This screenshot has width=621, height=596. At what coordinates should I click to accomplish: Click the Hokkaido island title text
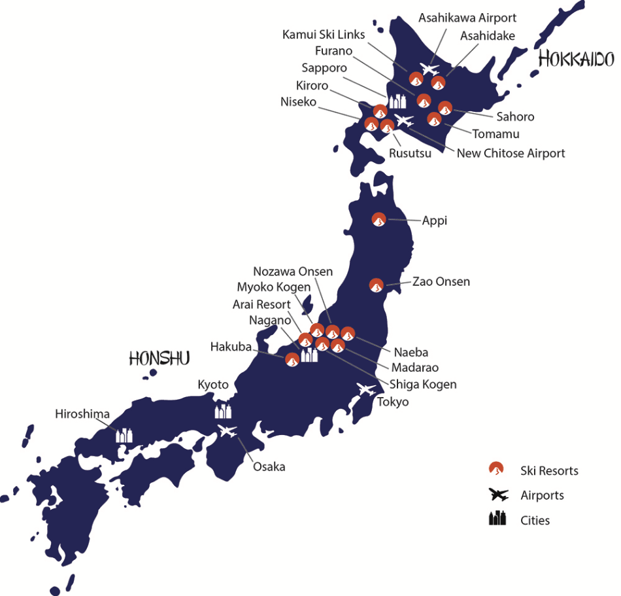576,59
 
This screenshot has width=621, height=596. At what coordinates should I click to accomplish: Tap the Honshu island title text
159,358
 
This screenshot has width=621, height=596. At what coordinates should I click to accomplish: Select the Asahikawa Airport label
467,18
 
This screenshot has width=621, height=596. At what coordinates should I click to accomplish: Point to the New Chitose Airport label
511,153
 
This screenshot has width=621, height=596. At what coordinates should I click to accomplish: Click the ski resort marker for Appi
378,220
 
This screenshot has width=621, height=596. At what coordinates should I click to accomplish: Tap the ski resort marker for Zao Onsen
377,285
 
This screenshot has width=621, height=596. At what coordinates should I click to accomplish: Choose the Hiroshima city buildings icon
124,434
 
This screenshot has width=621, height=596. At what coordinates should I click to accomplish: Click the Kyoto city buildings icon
224,410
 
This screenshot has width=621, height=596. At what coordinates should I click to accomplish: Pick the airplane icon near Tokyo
365,389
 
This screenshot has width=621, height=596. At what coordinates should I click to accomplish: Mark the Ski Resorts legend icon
497,469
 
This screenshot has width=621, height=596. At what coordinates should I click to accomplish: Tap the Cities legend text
535,521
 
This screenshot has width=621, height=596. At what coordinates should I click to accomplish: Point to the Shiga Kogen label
423,384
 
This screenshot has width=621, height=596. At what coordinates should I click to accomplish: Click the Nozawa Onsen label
293,272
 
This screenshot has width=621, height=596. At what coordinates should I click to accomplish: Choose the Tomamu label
496,133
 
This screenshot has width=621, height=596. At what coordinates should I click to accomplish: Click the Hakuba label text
231,347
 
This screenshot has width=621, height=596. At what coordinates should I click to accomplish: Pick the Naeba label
411,353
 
